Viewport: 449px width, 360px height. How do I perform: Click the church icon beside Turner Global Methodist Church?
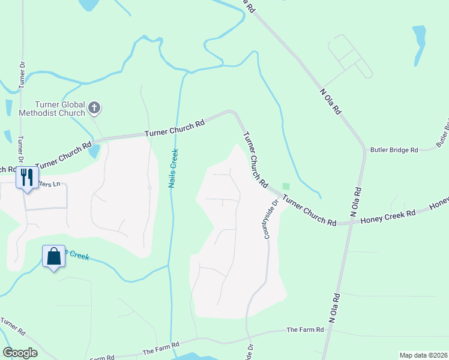[94, 108]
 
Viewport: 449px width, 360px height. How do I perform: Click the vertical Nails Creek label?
[173, 168]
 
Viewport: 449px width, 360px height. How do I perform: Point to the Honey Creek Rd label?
[388, 218]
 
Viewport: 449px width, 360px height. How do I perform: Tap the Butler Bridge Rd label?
[394, 150]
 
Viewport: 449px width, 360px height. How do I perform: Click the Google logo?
[20, 353]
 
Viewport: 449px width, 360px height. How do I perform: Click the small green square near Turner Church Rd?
[286, 187]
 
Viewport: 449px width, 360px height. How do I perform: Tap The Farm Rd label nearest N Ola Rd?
[305, 329]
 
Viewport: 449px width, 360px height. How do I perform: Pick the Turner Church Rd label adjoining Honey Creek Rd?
[309, 210]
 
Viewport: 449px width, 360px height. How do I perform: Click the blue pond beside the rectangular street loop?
[419, 45]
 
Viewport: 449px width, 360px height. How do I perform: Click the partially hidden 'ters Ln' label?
[49, 184]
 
